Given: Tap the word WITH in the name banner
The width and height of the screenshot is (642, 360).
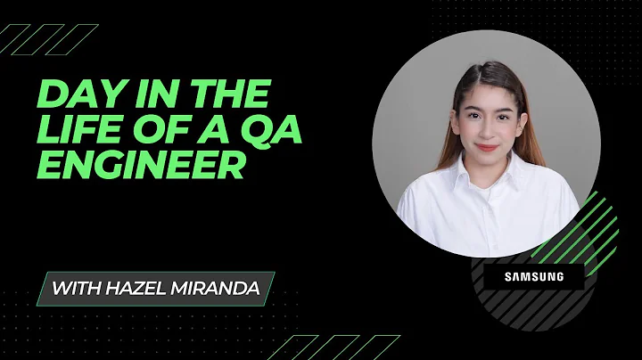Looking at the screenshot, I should [74, 289].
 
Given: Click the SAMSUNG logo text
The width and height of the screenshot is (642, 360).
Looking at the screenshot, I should [534, 276].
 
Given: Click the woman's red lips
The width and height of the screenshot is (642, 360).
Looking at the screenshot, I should [485, 145].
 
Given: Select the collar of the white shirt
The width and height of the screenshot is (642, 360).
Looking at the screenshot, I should [481, 183].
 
